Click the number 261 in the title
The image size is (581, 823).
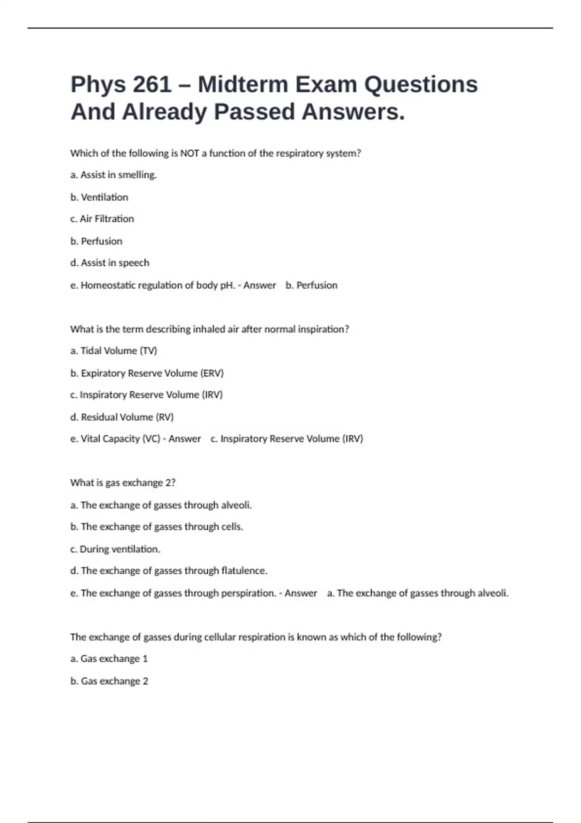pos(152,84)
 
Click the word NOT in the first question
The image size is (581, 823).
pos(189,153)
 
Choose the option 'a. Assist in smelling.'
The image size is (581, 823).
pos(113,175)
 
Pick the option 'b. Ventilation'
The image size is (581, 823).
pos(99,197)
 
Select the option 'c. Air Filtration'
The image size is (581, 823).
pos(102,219)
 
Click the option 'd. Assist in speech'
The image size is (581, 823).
pos(109,263)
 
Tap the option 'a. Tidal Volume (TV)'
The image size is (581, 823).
pos(113,351)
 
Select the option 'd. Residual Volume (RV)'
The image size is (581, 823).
pos(122,417)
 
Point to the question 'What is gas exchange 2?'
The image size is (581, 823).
pos(122,483)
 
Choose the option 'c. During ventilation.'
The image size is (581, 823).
pos(115,549)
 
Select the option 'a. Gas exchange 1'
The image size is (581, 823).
pos(109,658)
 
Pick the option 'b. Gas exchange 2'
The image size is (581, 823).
pos(109,681)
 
